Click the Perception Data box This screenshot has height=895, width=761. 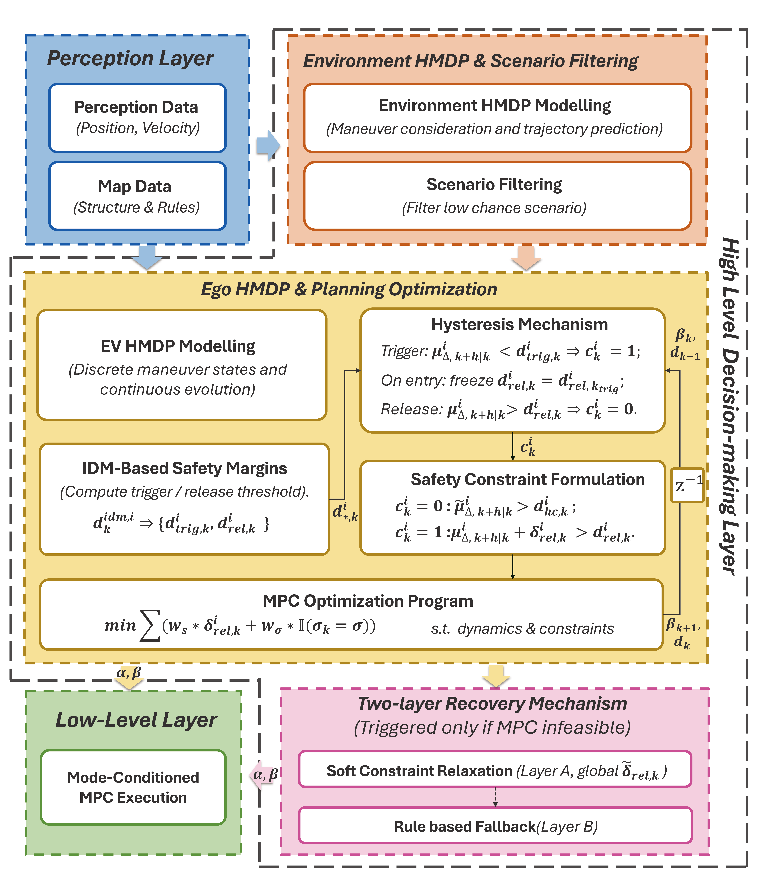click(137, 118)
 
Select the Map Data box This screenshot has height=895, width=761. click(137, 196)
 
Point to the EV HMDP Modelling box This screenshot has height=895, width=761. click(182, 365)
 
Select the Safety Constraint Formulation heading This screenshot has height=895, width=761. click(527, 479)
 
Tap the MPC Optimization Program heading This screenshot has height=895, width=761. click(368, 601)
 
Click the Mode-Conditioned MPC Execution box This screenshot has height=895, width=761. click(133, 787)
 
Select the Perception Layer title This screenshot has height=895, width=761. click(130, 58)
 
